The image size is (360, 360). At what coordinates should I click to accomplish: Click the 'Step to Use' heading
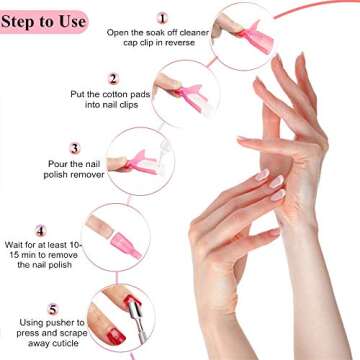(44, 21)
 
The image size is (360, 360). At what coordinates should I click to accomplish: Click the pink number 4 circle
(40, 230)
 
